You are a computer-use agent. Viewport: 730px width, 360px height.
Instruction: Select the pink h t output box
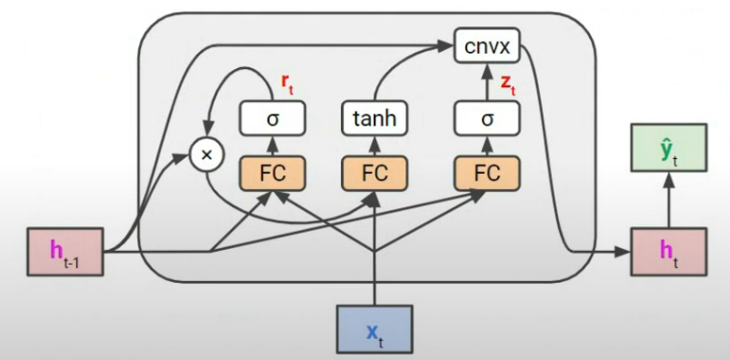(x=668, y=250)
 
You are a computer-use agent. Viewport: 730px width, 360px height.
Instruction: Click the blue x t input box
(x=375, y=331)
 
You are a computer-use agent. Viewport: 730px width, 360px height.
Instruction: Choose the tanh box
(x=375, y=118)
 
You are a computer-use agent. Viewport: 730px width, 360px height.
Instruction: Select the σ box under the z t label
(x=487, y=118)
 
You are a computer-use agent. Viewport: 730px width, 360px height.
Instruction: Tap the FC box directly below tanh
(x=375, y=172)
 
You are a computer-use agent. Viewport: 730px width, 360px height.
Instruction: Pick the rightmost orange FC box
(x=487, y=172)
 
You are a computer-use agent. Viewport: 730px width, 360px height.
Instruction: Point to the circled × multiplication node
(x=206, y=155)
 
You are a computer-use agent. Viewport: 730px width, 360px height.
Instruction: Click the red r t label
(x=287, y=85)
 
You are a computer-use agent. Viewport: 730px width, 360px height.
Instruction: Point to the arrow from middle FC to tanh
(x=375, y=145)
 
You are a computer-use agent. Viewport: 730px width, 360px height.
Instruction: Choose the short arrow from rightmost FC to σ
(x=487, y=145)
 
